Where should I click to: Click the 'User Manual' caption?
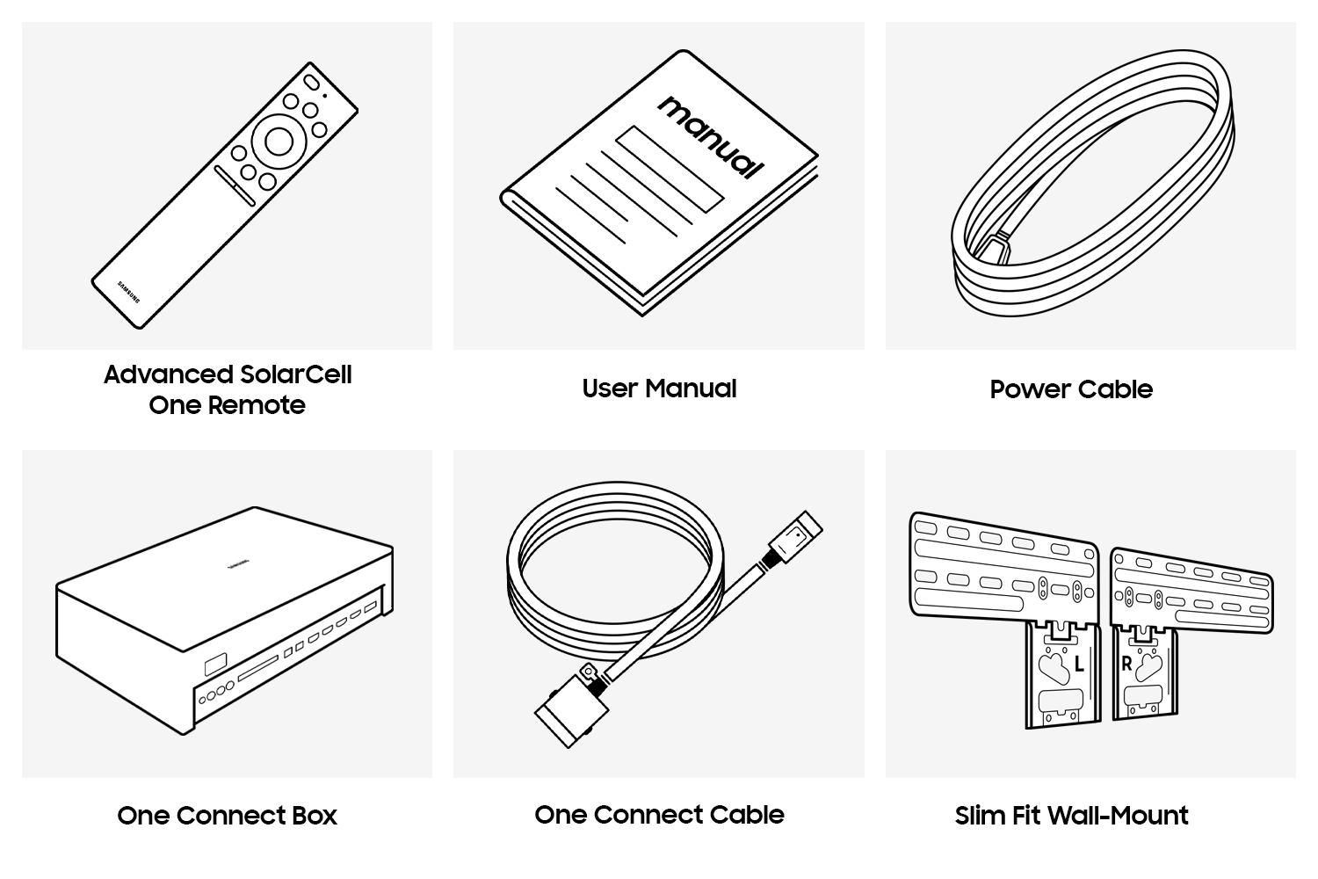659,389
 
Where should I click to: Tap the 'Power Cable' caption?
1071,389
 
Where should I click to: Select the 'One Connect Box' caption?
227,816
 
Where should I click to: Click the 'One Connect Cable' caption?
659,815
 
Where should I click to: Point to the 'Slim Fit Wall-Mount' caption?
1071,816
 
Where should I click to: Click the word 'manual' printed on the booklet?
711,137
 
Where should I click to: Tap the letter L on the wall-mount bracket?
1078,665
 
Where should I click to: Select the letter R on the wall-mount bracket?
1126,664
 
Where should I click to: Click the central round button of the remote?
279,141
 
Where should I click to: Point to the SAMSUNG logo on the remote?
129,292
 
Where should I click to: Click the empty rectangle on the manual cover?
670,169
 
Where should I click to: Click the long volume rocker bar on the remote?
235,186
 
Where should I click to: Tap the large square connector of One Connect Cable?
571,710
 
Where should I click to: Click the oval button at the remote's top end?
311,83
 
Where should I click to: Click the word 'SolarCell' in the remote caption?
296,374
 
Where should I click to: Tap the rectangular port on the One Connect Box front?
215,665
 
